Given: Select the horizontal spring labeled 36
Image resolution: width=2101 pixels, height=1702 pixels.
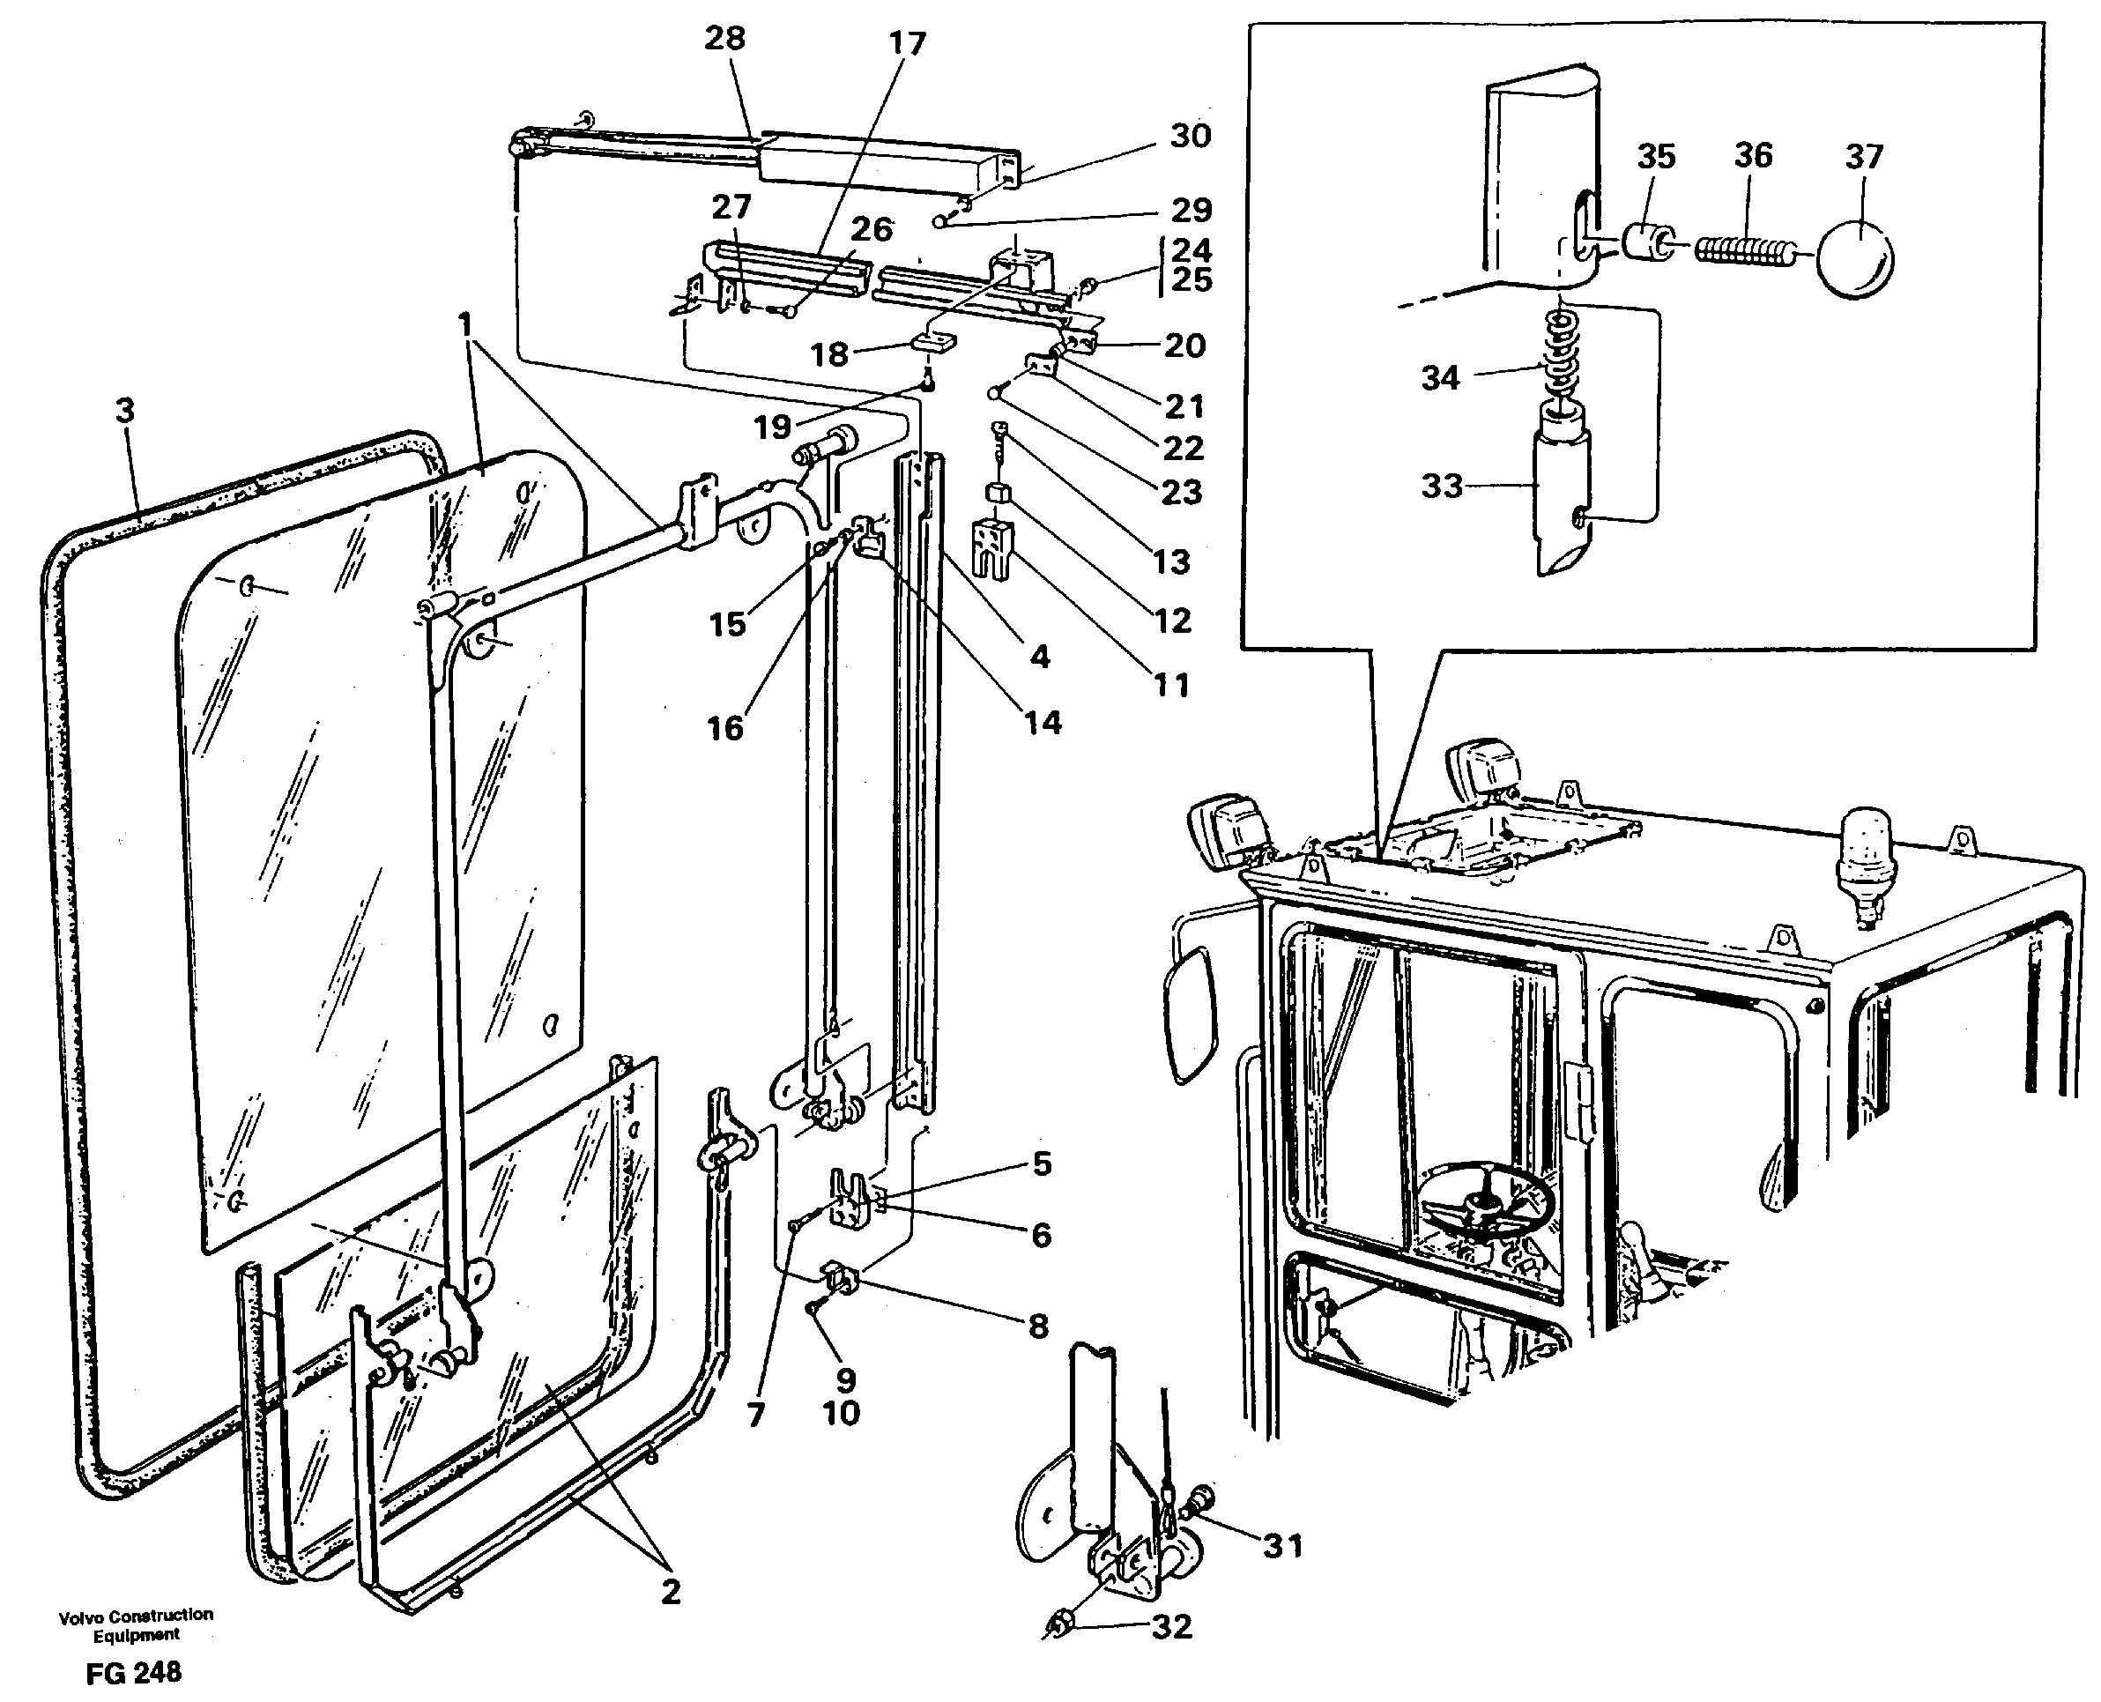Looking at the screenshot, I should pos(1742,252).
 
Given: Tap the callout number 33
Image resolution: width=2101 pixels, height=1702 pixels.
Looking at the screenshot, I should pos(1441,486).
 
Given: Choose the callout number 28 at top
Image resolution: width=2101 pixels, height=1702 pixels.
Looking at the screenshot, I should pos(724,39).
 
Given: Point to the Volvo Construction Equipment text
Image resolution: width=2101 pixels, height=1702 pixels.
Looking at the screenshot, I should pos(136,1625).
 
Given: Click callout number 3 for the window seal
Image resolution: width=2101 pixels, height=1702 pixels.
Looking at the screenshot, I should pos(124,411).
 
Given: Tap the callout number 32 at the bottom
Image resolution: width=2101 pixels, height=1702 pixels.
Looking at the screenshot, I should pos(1170,1626).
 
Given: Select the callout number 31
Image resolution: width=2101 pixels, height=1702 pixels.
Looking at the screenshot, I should pos(1282,1546).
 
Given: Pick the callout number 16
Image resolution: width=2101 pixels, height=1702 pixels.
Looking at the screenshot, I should pos(724,728).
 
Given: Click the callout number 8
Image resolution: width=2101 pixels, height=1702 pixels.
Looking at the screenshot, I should pos(1038,1327).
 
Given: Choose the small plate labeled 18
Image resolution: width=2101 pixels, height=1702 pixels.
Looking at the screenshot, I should pos(932,341).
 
